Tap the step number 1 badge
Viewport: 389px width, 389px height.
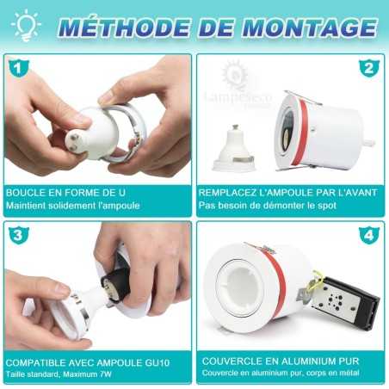15,67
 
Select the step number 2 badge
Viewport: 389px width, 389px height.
368,68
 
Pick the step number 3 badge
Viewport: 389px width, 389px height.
15,235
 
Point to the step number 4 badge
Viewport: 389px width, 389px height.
368,235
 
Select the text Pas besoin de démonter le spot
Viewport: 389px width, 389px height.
266,206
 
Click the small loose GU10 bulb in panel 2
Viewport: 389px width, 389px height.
234,147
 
